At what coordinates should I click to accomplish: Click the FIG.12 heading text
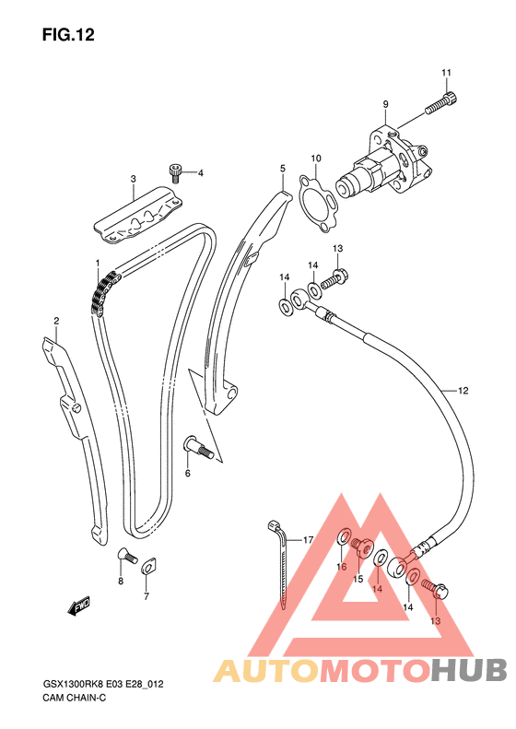(x=68, y=35)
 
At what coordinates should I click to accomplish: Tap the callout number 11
(x=446, y=73)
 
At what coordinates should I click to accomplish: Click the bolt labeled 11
(x=441, y=103)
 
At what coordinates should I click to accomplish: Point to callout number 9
(x=385, y=105)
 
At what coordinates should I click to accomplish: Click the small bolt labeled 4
(x=176, y=172)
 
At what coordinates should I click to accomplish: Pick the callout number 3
(x=134, y=179)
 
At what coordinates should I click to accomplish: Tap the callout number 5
(x=283, y=169)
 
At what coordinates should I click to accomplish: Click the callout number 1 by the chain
(x=98, y=264)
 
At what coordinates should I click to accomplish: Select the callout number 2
(x=56, y=321)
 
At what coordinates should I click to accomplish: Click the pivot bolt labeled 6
(x=199, y=447)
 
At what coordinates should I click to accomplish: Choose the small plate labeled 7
(x=147, y=566)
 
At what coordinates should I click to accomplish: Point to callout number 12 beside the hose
(x=463, y=391)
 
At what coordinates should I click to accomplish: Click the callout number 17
(x=308, y=540)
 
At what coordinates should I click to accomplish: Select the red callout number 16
(x=342, y=566)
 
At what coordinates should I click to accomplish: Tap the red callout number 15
(x=358, y=579)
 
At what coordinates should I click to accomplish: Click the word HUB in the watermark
(x=469, y=670)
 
